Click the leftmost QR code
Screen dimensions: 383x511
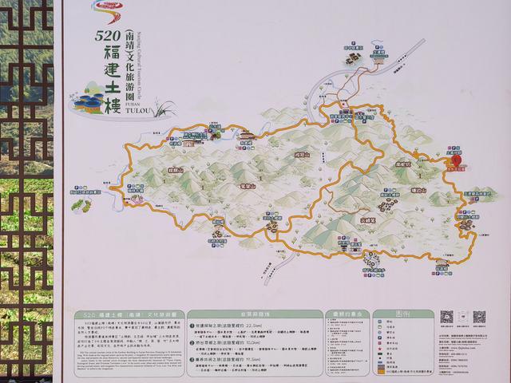(x=446, y=317)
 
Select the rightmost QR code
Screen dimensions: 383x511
(x=479, y=317)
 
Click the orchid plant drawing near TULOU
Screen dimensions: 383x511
(x=167, y=105)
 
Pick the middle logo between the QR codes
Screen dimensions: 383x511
(x=463, y=317)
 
